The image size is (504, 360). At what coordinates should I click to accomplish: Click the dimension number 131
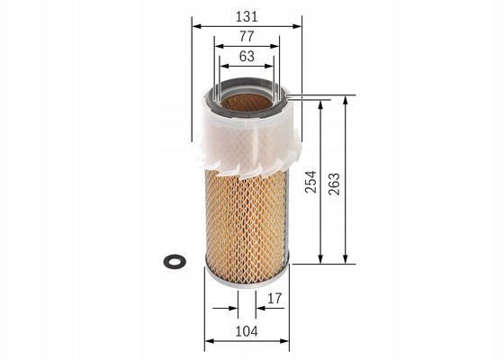(x=247, y=17)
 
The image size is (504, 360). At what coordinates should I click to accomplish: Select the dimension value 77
(x=247, y=36)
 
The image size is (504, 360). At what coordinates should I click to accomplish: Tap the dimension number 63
(x=247, y=56)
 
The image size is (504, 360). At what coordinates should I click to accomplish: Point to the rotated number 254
(x=310, y=182)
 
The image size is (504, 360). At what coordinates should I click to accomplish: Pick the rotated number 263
(x=334, y=184)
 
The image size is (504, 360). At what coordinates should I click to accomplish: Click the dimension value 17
(x=274, y=299)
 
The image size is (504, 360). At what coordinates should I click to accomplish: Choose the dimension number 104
(x=247, y=331)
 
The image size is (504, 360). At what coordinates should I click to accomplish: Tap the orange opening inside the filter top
(x=247, y=103)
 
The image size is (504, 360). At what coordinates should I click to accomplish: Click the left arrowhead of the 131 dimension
(x=196, y=26)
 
